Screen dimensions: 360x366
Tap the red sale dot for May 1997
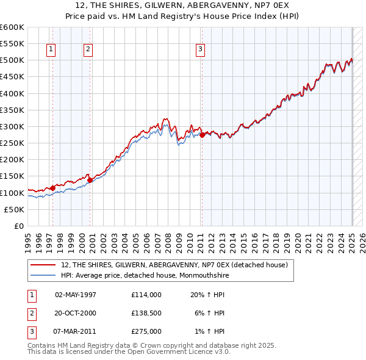click(53, 188)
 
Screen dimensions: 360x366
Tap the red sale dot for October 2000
click(90, 180)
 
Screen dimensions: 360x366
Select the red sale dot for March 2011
click(202, 135)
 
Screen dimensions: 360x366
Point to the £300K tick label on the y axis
click(12, 126)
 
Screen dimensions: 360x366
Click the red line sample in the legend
click(43, 265)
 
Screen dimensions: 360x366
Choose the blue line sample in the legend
click(43, 275)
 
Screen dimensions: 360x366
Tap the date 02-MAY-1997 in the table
click(76, 294)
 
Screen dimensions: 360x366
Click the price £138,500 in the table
click(146, 313)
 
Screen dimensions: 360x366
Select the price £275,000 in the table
click(146, 332)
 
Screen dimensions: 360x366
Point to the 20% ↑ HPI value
click(207, 294)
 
